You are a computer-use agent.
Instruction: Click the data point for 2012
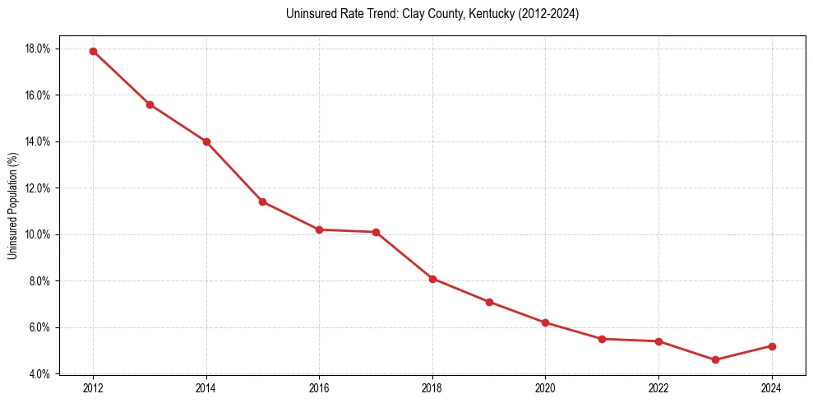click(x=93, y=51)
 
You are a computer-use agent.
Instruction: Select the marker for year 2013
click(x=150, y=104)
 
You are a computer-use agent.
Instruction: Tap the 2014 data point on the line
click(x=206, y=141)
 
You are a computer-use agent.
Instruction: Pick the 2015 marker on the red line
click(x=262, y=201)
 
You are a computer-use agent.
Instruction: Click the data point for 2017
click(x=376, y=232)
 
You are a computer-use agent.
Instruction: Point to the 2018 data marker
click(x=432, y=279)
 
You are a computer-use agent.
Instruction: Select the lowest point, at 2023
click(x=715, y=359)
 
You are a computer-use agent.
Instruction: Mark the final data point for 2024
click(x=772, y=346)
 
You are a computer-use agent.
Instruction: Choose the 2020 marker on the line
click(x=545, y=322)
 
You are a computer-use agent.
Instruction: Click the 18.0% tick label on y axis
click(x=38, y=49)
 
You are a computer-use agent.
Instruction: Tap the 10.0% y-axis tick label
click(x=38, y=234)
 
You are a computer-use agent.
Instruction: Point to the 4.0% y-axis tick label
click(x=39, y=374)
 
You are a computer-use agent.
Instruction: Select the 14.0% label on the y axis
click(x=38, y=141)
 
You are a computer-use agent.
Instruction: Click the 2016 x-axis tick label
click(x=319, y=387)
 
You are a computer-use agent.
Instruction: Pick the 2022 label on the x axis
click(x=658, y=387)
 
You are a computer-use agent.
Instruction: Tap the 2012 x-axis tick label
click(x=93, y=387)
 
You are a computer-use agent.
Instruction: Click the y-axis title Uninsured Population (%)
click(x=12, y=206)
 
